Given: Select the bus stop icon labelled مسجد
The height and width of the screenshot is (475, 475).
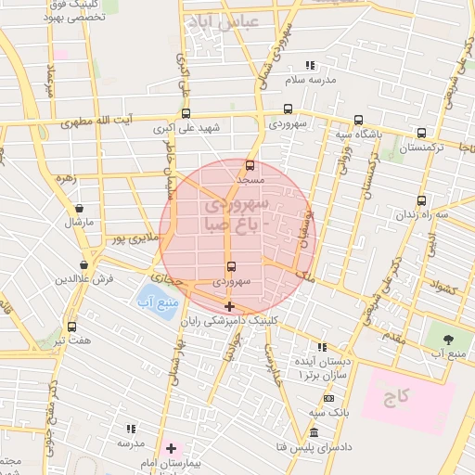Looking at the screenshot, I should pos(250,165).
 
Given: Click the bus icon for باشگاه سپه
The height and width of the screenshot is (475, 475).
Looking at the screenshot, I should pos(358,120).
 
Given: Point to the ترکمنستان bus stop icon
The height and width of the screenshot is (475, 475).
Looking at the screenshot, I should pos(422,133).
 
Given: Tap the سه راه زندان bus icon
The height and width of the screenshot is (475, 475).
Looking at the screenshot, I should pos(422,199).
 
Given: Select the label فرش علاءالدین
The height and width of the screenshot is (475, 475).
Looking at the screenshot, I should pos(83,278).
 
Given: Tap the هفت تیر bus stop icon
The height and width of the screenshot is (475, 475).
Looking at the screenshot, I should pos(71,327).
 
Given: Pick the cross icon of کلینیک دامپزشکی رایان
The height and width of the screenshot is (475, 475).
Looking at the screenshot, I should pos(229,306).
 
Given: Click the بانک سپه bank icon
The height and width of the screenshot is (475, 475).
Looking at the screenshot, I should pos(328,397).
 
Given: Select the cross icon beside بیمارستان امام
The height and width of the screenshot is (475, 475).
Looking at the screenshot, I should pos(171,448).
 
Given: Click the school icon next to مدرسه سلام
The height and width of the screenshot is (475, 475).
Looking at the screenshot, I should pos(310,65).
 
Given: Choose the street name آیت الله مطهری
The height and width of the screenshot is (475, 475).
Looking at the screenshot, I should pos(92,121).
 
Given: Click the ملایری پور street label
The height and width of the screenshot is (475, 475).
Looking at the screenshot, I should pos(131,239).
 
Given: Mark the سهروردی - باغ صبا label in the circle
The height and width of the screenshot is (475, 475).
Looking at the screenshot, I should pos(237,212).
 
